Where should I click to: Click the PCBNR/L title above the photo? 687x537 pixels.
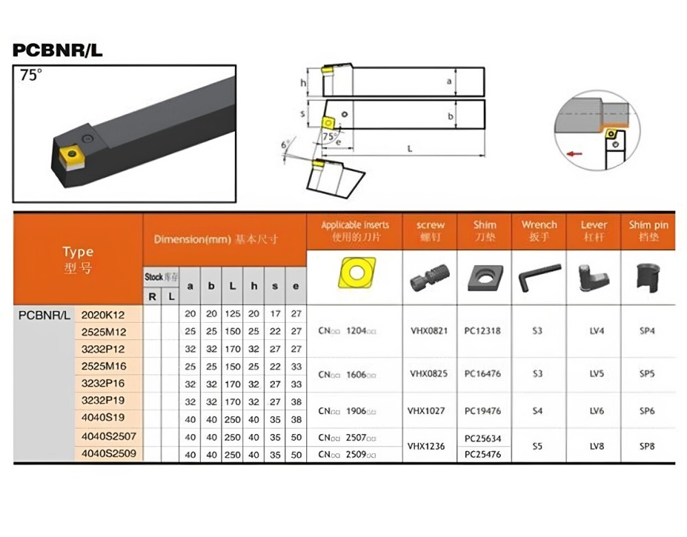(58, 50)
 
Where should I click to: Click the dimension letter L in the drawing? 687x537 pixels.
(410, 149)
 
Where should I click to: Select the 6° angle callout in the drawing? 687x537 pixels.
(285, 146)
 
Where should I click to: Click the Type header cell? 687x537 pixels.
(78, 259)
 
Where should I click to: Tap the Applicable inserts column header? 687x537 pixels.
(354, 231)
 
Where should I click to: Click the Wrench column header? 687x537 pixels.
(539, 231)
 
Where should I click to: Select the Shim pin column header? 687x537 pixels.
(648, 231)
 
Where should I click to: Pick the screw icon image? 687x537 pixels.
(429, 277)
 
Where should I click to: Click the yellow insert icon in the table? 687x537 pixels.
(354, 274)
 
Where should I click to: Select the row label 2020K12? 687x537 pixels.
(103, 315)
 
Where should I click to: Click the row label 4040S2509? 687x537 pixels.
(109, 454)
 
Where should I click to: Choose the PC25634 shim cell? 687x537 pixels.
(483, 438)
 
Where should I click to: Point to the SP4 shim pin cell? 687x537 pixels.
(647, 330)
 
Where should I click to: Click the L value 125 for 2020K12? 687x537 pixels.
(233, 314)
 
